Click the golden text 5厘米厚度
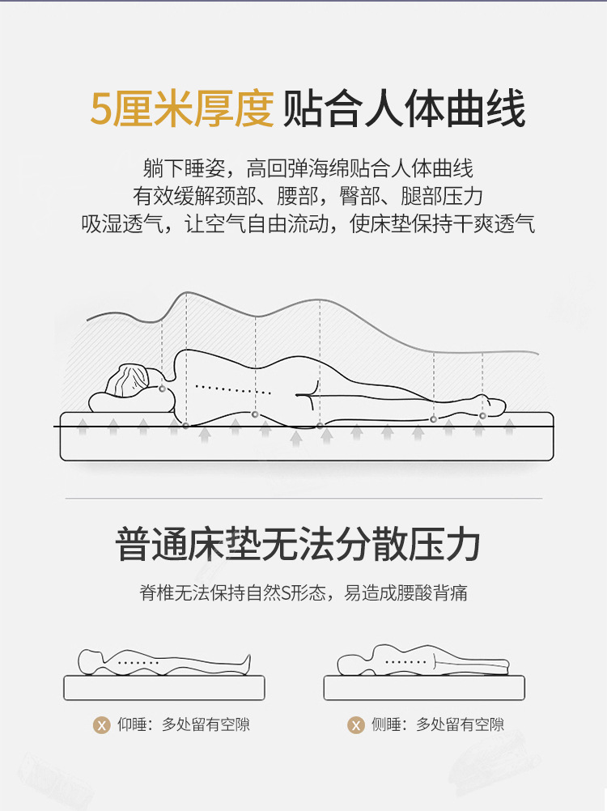(182, 108)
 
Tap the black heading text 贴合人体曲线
(405, 108)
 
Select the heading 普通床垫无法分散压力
(298, 544)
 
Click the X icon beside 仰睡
(101, 725)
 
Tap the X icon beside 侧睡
(356, 725)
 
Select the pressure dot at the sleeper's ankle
(482, 416)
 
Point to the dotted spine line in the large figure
(232, 389)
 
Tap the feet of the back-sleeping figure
(247, 662)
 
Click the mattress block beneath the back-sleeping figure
(164, 688)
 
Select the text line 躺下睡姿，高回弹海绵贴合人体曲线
(308, 168)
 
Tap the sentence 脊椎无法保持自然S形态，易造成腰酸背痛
(303, 592)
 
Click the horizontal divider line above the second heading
(303, 499)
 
